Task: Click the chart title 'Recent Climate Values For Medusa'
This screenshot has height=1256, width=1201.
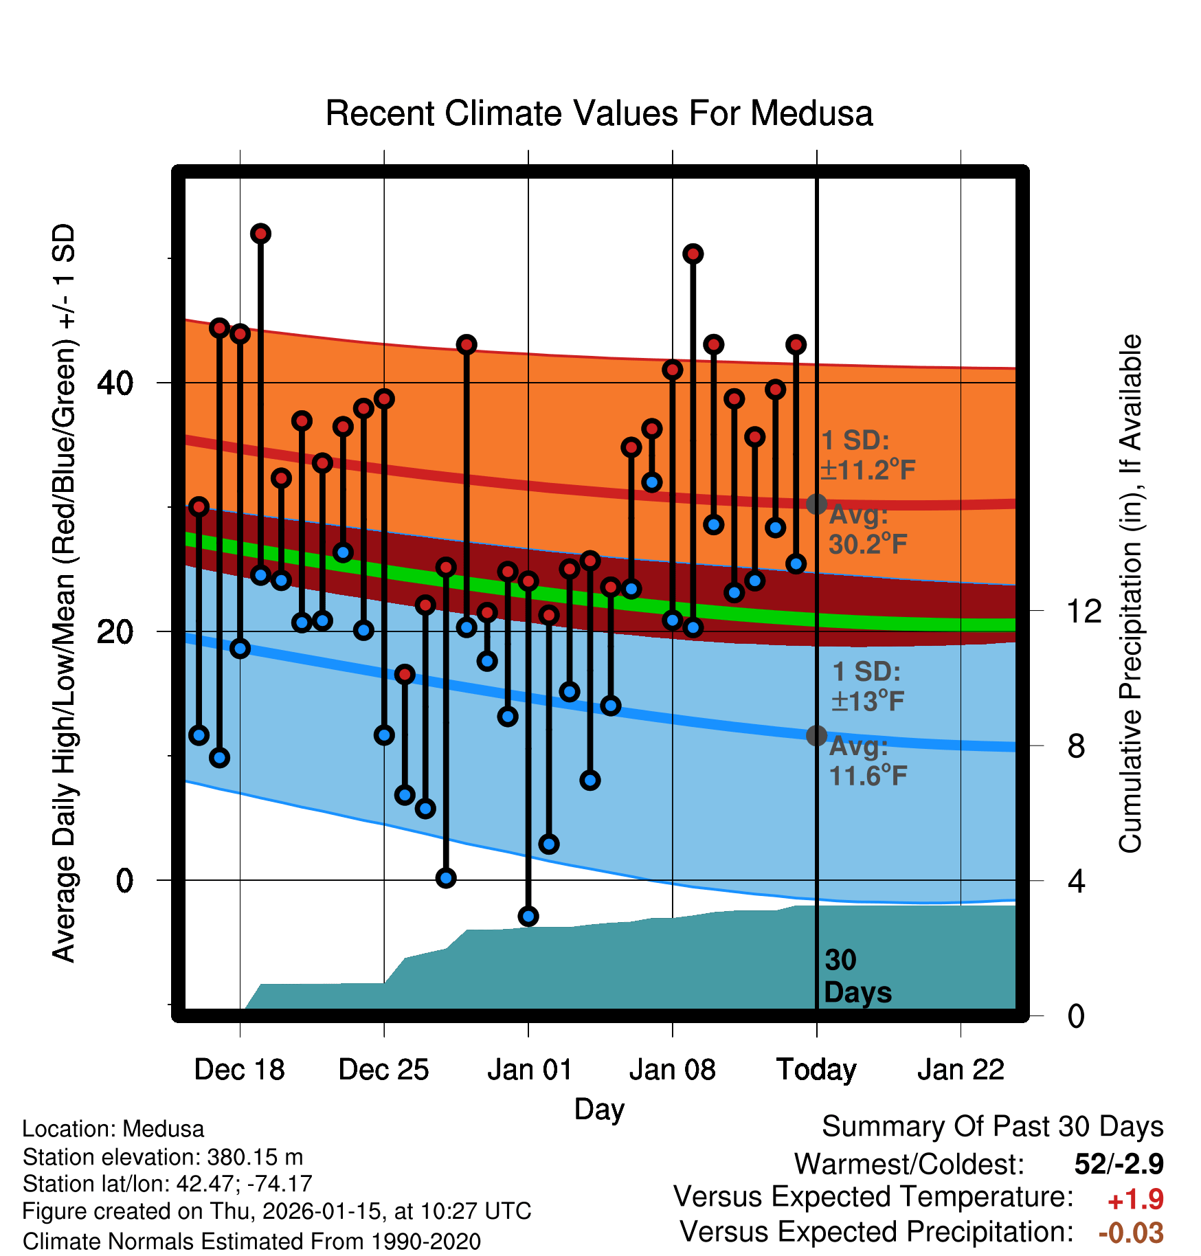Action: tap(598, 113)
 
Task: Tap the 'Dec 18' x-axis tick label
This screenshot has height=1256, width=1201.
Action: tap(239, 1070)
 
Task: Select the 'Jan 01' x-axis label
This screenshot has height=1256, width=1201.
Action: tap(529, 1070)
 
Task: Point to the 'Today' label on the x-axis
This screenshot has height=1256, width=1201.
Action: tap(816, 1070)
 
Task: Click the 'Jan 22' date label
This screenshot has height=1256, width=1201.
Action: tap(961, 1070)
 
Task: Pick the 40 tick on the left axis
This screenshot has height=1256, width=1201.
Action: tap(115, 383)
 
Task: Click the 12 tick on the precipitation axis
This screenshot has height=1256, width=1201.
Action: tap(1084, 611)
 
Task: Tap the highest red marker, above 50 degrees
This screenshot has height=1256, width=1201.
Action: tap(260, 234)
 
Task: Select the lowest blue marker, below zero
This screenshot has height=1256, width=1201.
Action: tap(528, 916)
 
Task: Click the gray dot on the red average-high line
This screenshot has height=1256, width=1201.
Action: tap(816, 504)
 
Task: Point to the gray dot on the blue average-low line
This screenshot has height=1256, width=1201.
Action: tap(816, 736)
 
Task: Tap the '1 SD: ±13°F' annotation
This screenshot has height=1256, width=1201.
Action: tap(867, 686)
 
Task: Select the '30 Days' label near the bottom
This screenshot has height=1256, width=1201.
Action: tap(857, 976)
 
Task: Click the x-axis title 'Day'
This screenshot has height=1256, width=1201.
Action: tap(599, 1110)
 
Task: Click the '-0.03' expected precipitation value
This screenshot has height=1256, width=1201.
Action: tap(1131, 1233)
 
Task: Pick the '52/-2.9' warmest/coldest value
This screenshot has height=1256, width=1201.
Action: tap(1119, 1164)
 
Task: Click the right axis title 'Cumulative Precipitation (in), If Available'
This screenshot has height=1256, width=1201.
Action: tap(1130, 594)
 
